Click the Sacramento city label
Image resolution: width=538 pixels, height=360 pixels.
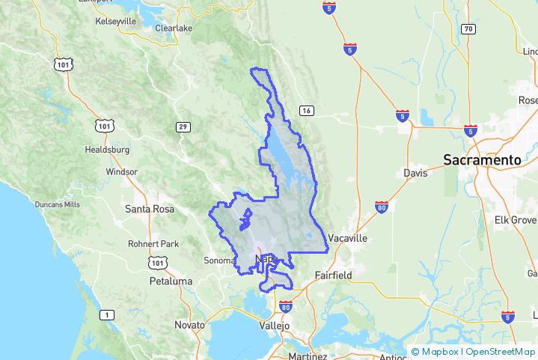481,159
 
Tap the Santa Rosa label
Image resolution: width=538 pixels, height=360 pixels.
149,209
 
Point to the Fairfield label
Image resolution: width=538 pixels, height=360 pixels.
333,275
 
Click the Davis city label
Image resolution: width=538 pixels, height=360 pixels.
415,173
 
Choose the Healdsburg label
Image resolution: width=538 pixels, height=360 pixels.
107,150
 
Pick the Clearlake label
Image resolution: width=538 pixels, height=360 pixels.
174,28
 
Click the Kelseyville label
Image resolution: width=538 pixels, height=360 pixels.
116,22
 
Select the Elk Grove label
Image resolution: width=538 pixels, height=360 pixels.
516,220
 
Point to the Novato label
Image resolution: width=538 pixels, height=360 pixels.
189,326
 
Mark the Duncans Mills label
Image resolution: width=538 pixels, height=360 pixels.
57,204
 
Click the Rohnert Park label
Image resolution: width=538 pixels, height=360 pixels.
153,244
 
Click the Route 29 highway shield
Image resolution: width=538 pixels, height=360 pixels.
183,127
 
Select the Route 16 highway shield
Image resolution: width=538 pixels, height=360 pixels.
306,111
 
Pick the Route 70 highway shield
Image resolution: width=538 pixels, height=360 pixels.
468,29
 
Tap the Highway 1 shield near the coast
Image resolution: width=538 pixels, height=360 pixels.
108,315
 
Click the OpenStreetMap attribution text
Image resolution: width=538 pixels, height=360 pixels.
501,352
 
